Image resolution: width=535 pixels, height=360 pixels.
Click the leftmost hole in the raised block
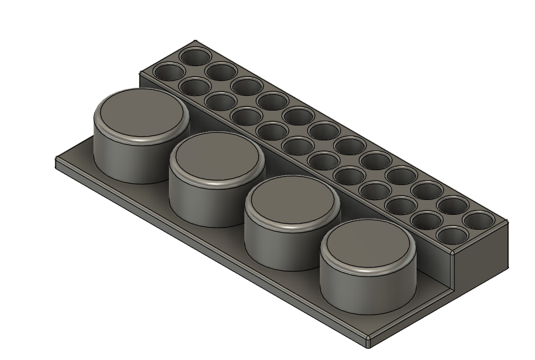(166, 72)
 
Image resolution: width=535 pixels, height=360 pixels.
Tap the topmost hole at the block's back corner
(195, 56)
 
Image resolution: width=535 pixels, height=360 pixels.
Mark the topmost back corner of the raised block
(195, 41)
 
